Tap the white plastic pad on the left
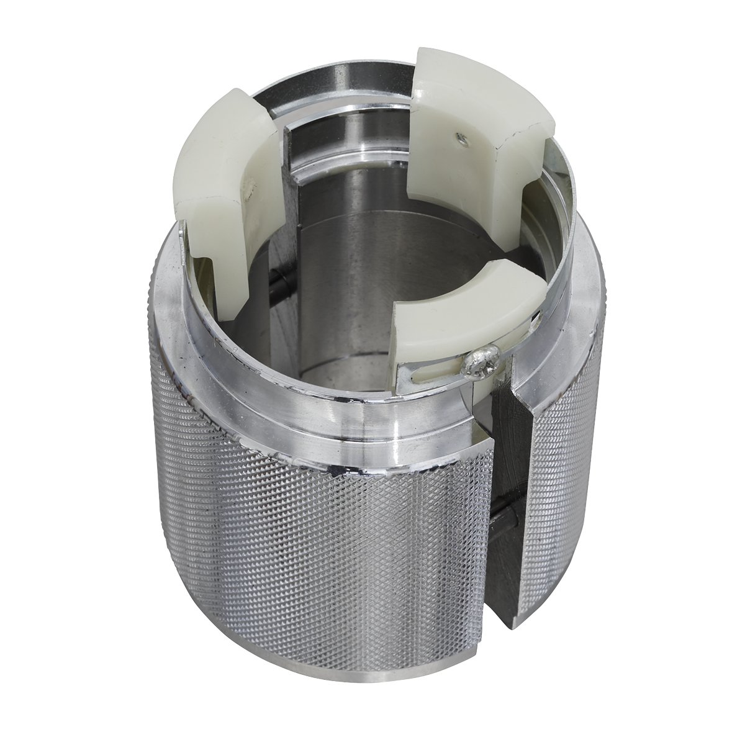(217, 174)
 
